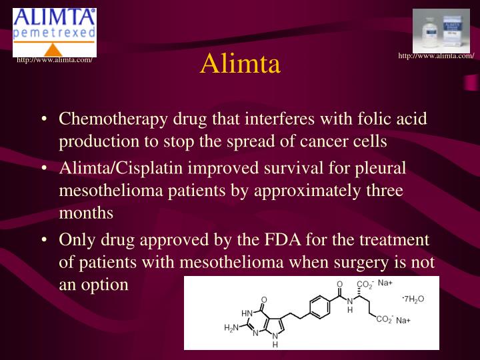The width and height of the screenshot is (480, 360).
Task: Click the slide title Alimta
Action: click(x=240, y=65)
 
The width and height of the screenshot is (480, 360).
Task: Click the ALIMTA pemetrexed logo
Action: click(x=55, y=32)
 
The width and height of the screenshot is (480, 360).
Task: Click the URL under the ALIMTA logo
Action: click(x=54, y=63)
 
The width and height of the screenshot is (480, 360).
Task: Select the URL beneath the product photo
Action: click(x=435, y=55)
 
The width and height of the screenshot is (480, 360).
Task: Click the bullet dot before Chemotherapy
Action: click(x=43, y=120)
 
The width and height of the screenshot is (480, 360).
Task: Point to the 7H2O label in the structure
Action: click(x=413, y=298)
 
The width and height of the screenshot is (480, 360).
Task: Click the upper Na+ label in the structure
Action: click(x=385, y=283)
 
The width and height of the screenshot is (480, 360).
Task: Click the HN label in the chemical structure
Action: click(x=247, y=312)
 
